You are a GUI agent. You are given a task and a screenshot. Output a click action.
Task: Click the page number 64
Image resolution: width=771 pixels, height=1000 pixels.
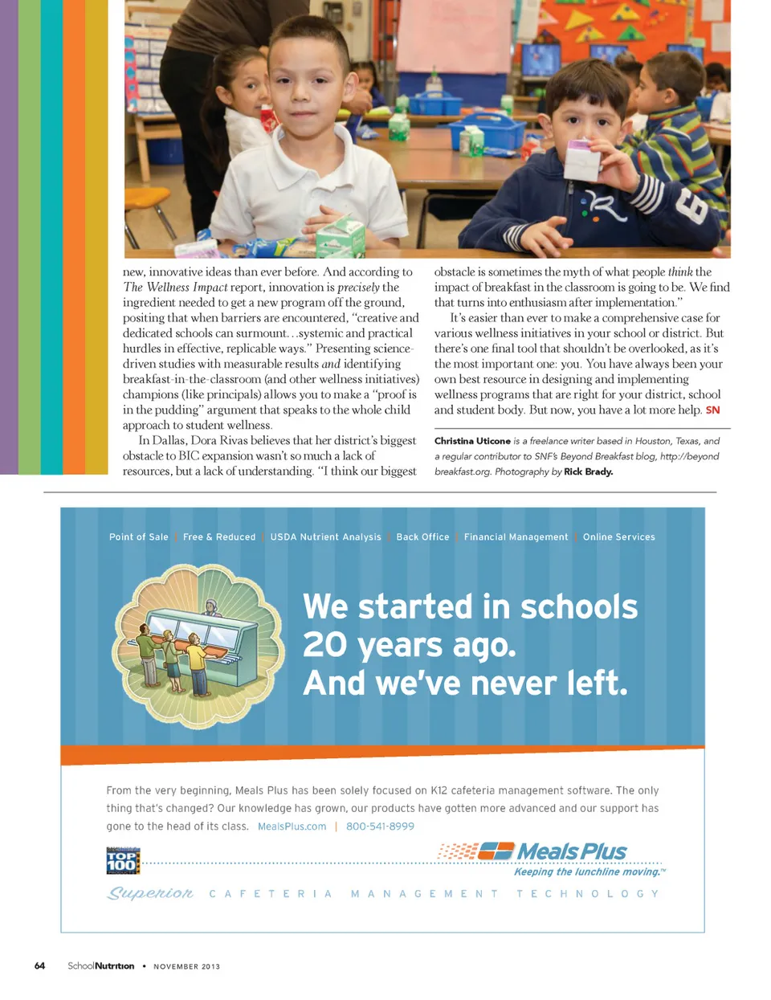39,965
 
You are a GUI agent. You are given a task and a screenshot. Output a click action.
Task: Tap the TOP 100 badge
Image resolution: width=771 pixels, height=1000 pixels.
123,861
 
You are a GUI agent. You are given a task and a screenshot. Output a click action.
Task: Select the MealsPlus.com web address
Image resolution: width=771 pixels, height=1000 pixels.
292,827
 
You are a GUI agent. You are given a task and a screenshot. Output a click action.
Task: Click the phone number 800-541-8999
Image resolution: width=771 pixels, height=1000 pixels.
380,827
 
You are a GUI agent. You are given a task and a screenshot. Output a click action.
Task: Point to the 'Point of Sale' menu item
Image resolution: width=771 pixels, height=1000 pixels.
139,537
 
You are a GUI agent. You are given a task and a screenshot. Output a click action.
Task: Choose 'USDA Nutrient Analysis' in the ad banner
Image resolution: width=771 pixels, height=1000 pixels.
325,537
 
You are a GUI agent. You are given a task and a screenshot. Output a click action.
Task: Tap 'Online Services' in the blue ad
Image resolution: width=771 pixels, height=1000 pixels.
618,537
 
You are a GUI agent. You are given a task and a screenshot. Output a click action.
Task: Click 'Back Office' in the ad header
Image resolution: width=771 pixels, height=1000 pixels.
422,537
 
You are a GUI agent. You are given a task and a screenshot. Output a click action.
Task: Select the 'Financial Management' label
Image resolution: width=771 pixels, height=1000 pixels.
516,537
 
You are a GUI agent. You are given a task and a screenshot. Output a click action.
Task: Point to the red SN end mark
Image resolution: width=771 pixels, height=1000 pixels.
712,410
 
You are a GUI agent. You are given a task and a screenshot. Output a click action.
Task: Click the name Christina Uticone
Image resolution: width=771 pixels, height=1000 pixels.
472,441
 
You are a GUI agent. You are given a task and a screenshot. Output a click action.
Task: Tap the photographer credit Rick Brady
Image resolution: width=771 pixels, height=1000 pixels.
588,471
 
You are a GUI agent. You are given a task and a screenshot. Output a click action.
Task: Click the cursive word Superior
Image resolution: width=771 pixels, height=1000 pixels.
150,893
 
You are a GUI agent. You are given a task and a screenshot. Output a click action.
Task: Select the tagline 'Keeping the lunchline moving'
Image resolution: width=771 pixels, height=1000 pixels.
588,871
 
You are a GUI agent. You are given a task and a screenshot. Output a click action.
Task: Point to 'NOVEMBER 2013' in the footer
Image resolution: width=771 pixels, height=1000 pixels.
186,966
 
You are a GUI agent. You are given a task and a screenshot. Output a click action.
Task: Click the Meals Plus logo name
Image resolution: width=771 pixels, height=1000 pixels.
572,851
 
